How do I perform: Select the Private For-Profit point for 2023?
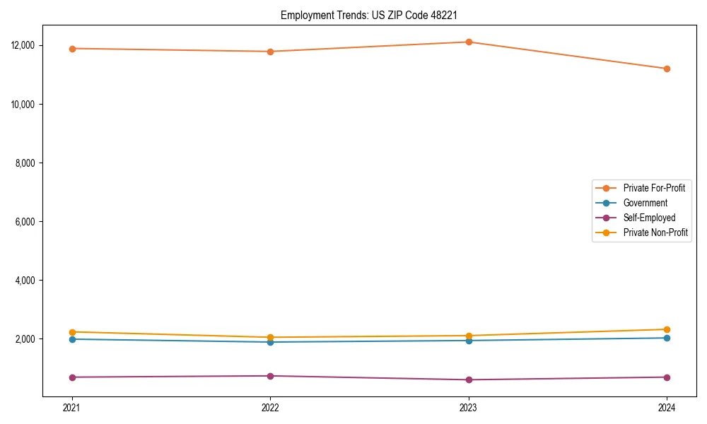coord(469,42)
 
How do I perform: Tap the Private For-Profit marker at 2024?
coord(667,69)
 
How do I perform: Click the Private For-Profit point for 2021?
coord(72,48)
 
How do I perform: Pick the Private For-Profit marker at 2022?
coord(270,52)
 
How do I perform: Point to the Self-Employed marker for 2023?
coord(469,379)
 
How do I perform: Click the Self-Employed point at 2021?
coord(72,377)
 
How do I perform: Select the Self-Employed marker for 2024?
coord(667,377)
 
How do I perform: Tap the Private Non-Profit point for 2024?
coord(667,329)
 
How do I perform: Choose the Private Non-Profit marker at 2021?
coord(72,332)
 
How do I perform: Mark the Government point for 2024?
coord(667,338)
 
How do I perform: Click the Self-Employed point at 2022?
coord(270,376)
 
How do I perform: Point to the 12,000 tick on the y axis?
coord(25,45)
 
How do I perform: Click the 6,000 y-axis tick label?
coord(28,222)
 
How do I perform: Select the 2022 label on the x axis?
coord(270,407)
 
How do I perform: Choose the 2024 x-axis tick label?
coord(667,407)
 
